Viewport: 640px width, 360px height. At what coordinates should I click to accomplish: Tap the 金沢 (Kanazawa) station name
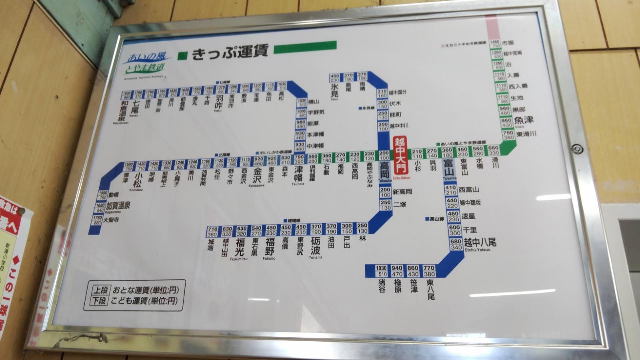pyautogui.click(x=256, y=175)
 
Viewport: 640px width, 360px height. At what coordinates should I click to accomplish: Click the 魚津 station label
pyautogui.click(x=524, y=120)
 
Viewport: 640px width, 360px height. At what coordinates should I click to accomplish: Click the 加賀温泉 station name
pyautogui.click(x=118, y=206)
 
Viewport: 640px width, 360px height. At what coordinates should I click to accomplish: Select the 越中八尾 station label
pyautogui.click(x=480, y=242)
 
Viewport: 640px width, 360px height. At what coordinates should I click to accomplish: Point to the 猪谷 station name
pyautogui.click(x=382, y=286)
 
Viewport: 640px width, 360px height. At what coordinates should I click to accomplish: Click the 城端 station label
pyautogui.click(x=211, y=244)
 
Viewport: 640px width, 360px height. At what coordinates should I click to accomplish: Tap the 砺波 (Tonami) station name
pyautogui.click(x=315, y=246)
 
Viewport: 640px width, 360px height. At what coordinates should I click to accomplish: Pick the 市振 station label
pyautogui.click(x=508, y=43)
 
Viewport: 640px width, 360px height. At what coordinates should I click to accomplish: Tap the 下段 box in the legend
pyautogui.click(x=100, y=301)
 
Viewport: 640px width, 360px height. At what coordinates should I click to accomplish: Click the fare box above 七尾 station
pyautogui.click(x=138, y=95)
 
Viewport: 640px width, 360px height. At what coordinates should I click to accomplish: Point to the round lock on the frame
pyautogui.click(x=576, y=149)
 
